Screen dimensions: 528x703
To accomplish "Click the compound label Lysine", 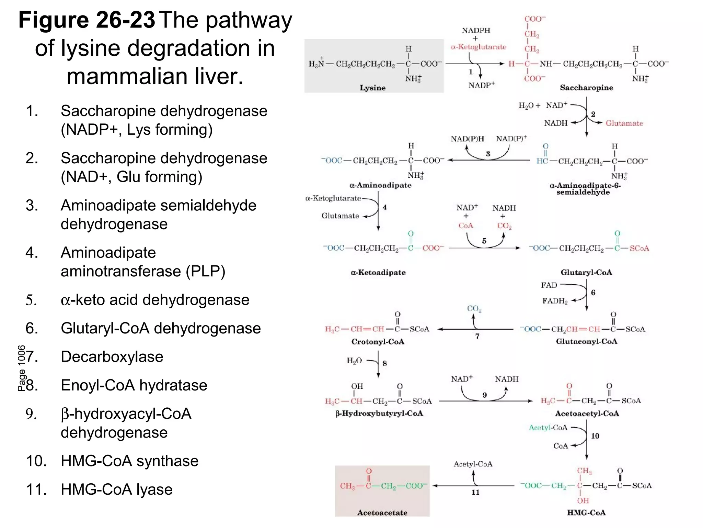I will pyautogui.click(x=372, y=88).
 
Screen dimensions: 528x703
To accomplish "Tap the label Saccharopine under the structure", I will pyautogui.click(x=586, y=88).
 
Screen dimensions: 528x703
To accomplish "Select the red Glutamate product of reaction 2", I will pyautogui.click(x=624, y=123).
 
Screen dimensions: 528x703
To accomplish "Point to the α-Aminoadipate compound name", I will pyautogui.click(x=380, y=185).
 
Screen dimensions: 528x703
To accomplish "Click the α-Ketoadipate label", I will pyautogui.click(x=378, y=273).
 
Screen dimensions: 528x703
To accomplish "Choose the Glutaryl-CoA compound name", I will pyautogui.click(x=586, y=273).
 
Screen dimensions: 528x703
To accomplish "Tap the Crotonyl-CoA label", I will pyautogui.click(x=378, y=342).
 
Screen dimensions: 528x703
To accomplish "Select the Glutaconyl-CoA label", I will pyautogui.click(x=586, y=342).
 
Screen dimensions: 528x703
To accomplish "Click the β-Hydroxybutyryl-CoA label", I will pyautogui.click(x=379, y=414).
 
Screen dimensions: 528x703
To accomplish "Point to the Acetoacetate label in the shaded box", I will pyautogui.click(x=382, y=513).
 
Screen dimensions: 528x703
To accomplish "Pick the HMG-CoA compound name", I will pyautogui.click(x=586, y=513).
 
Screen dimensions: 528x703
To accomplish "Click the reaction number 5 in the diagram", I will pyautogui.click(x=484, y=241).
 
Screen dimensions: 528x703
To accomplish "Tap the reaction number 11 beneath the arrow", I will pyautogui.click(x=475, y=492).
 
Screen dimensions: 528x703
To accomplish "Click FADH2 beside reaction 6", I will pyautogui.click(x=555, y=301).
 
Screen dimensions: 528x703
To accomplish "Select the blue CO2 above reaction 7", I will pyautogui.click(x=474, y=309).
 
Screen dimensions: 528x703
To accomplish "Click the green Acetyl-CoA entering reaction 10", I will pyautogui.click(x=548, y=428).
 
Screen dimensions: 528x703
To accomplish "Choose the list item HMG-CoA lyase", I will pyautogui.click(x=116, y=489).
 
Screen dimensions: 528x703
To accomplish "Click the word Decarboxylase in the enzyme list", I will pyautogui.click(x=112, y=357).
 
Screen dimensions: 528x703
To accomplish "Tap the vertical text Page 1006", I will pyautogui.click(x=22, y=368).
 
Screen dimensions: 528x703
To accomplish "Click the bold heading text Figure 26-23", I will pyautogui.click(x=87, y=20).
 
